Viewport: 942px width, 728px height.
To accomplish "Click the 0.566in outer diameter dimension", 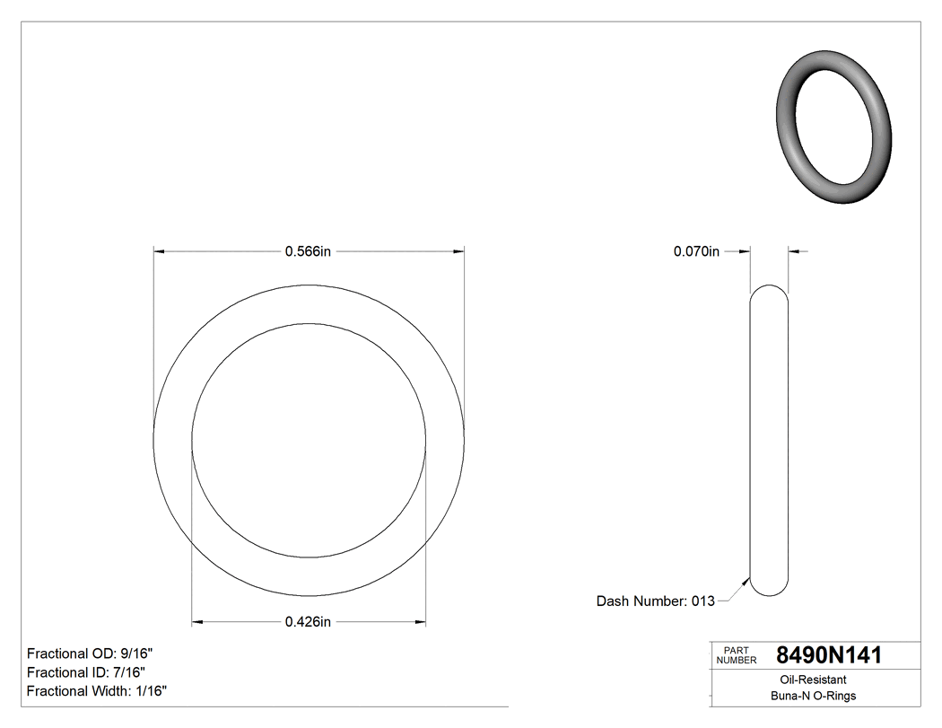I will (308, 252).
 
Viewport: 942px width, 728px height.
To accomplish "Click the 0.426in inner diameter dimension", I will (308, 621).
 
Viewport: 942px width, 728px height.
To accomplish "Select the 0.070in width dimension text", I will (696, 252).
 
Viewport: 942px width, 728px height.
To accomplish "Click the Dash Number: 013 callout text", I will (655, 601).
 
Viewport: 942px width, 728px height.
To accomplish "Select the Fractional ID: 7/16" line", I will (86, 672).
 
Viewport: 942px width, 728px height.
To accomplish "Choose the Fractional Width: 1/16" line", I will (97, 691).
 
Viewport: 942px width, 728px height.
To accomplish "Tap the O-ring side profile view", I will (769, 440).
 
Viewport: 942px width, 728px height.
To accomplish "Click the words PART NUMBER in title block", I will (736, 655).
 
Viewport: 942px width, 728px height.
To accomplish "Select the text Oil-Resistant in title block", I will (814, 680).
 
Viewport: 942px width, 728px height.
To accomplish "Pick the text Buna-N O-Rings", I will (814, 697).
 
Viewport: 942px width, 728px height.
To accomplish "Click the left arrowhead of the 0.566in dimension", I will (160, 252).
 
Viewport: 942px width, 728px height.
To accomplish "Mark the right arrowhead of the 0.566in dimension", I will (458, 252).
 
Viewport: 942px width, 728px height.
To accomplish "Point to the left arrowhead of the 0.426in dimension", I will (198, 621).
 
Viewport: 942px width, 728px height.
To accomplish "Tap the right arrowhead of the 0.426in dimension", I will (420, 621).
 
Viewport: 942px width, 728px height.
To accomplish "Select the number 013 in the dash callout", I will (702, 601).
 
